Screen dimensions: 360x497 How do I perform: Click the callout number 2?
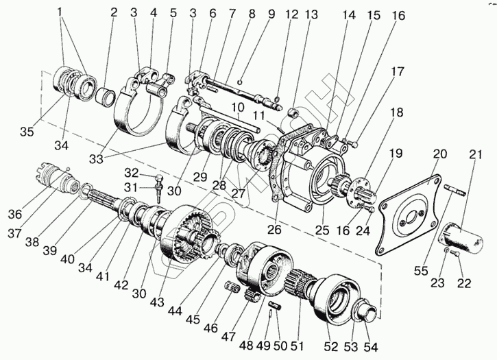(114, 13)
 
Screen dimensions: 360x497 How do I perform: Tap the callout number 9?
(252, 13)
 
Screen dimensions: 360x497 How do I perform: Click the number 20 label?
(439, 153)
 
